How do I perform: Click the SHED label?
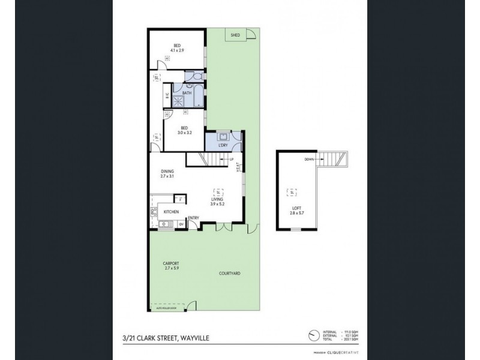coord(236,35)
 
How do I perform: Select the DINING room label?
coord(167,172)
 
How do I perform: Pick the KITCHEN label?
coord(172,211)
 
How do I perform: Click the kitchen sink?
coord(163,224)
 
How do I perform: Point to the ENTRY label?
coord(194,218)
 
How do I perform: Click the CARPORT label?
coord(172,263)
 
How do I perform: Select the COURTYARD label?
coord(230,274)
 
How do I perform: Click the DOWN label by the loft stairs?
coord(310,159)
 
